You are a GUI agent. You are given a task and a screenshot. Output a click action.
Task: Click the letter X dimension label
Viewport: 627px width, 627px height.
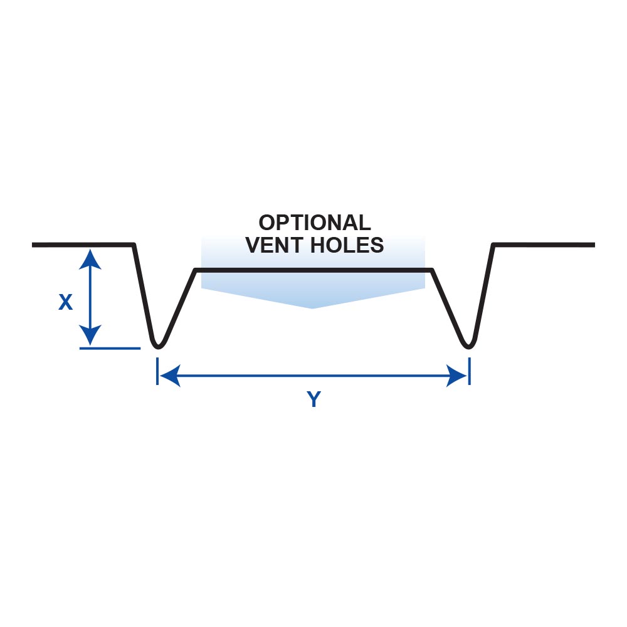pyautogui.click(x=65, y=303)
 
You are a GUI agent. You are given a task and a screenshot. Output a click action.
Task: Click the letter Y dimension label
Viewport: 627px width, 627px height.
pyautogui.click(x=313, y=399)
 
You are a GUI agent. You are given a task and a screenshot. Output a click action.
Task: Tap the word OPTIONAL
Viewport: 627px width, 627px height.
pyautogui.click(x=314, y=223)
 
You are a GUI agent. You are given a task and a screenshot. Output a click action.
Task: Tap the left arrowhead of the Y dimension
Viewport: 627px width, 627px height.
pyautogui.click(x=168, y=376)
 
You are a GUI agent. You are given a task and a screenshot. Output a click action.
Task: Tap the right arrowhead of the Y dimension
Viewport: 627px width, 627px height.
pyautogui.click(x=458, y=376)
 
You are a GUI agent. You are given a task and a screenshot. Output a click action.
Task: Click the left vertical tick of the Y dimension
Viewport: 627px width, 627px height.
pyautogui.click(x=157, y=371)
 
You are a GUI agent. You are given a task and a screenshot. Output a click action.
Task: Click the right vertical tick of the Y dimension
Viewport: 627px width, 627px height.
pyautogui.click(x=469, y=371)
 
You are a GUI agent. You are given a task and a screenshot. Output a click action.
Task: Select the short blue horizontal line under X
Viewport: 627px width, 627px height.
pyautogui.click(x=110, y=348)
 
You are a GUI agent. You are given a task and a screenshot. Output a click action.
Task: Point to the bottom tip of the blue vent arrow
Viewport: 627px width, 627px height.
pyautogui.click(x=313, y=308)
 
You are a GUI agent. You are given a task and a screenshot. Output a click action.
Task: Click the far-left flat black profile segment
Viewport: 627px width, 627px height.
pyautogui.click(x=82, y=244)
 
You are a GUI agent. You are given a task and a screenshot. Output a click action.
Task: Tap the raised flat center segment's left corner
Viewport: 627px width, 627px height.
pyautogui.click(x=196, y=270)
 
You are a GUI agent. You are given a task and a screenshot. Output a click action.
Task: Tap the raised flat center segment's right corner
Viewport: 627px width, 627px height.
pyautogui.click(x=431, y=270)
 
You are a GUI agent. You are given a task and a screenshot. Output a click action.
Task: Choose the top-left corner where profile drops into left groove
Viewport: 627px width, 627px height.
pyautogui.click(x=134, y=245)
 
